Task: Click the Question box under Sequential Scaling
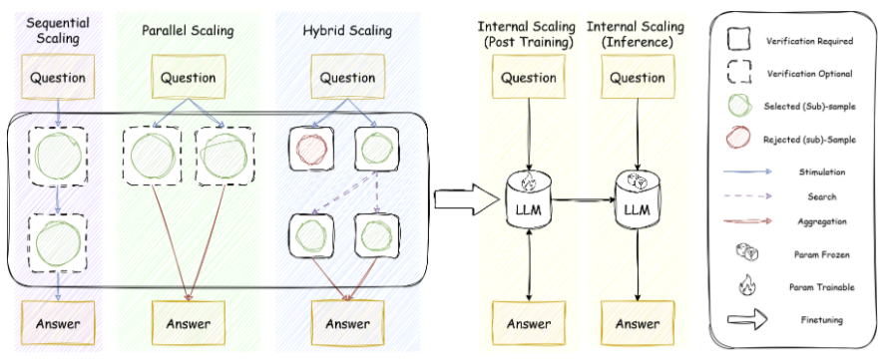point(58,77)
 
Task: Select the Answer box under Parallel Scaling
point(189,323)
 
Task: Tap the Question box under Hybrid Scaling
point(347,77)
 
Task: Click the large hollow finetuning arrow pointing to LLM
point(467,198)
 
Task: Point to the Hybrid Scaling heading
point(347,30)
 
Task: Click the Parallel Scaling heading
point(188,30)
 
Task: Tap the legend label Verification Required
point(809,41)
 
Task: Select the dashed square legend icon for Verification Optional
point(738,72)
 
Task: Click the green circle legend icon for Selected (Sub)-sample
point(738,105)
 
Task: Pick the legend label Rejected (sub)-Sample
point(809,140)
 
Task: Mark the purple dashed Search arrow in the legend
point(748,196)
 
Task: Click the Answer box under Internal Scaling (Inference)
point(638,323)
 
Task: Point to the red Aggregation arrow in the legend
point(748,221)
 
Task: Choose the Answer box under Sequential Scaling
point(58,323)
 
